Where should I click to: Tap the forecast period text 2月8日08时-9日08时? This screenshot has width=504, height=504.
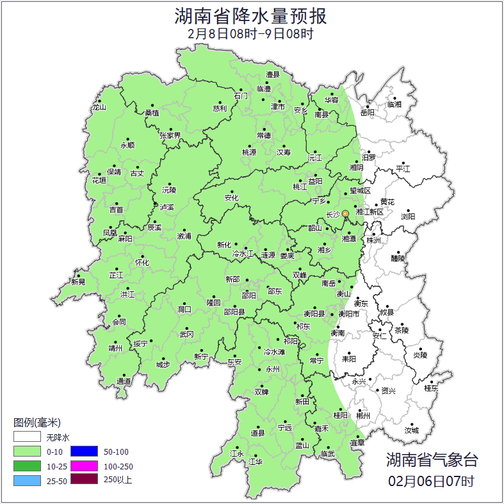pyautogui.click(x=251, y=34)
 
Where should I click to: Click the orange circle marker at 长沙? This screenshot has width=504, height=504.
pyautogui.click(x=345, y=213)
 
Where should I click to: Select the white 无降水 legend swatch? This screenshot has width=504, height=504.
pyautogui.click(x=28, y=437)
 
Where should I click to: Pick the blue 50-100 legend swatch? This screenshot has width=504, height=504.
pyautogui.click(x=84, y=451)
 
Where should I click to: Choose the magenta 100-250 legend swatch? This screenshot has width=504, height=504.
pyautogui.click(x=84, y=466)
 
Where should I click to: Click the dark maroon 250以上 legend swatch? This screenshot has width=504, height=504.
pyautogui.click(x=84, y=479)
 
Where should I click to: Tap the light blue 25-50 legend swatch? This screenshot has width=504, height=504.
pyautogui.click(x=28, y=480)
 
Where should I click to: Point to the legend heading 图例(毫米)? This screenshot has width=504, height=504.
pyautogui.click(x=37, y=423)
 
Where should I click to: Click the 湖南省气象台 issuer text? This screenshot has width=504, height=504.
pyautogui.click(x=431, y=459)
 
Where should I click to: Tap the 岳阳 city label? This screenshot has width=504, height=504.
pyautogui.click(x=368, y=113)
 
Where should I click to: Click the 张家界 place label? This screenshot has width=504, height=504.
pyautogui.click(x=170, y=136)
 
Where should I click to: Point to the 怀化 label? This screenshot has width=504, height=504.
pyautogui.click(x=142, y=263)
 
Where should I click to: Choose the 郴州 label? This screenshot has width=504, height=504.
pyautogui.click(x=363, y=416)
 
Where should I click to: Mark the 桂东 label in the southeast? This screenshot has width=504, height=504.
pyautogui.click(x=431, y=388)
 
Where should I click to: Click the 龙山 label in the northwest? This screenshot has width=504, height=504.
pyautogui.click(x=99, y=108)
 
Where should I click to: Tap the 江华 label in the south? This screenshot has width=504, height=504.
pyautogui.click(x=256, y=461)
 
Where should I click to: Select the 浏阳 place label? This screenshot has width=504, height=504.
pyautogui.click(x=408, y=216)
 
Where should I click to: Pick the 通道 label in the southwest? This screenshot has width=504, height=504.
pyautogui.click(x=124, y=382)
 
